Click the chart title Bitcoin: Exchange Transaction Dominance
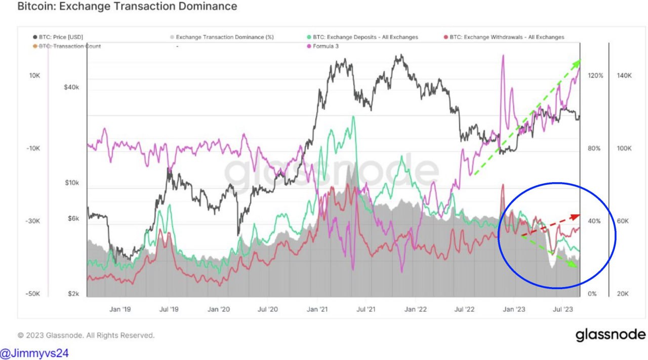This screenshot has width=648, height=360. pyautogui.click(x=127, y=7)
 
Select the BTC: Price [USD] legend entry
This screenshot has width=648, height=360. pyautogui.click(x=61, y=37)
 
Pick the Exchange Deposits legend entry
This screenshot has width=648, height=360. pyautogui.click(x=365, y=37)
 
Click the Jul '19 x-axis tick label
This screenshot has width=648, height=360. pyautogui.click(x=169, y=308)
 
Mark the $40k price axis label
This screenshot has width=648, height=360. pyautogui.click(x=71, y=87)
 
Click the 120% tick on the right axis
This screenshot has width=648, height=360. pyautogui.click(x=595, y=75)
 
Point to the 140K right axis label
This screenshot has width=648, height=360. pyautogui.click(x=624, y=75)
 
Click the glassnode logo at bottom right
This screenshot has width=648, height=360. pyautogui.click(x=610, y=335)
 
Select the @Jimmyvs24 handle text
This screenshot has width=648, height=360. pyautogui.click(x=34, y=353)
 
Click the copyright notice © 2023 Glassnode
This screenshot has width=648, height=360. pyautogui.click(x=86, y=335)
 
